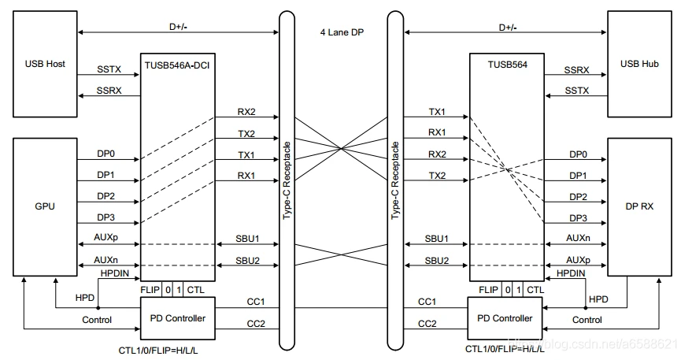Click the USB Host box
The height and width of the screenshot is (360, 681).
[45, 64]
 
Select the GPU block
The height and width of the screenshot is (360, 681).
[45, 207]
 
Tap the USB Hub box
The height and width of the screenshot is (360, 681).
[639, 64]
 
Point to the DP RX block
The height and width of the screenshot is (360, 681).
[639, 207]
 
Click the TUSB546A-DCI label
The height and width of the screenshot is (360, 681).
[177, 65]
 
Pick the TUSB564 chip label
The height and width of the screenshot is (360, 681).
[507, 65]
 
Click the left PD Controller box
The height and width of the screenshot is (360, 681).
[178, 318]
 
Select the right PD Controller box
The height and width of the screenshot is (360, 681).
[505, 318]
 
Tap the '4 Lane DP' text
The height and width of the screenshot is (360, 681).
[342, 32]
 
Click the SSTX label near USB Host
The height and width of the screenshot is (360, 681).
[109, 69]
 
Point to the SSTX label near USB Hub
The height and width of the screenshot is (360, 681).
[577, 91]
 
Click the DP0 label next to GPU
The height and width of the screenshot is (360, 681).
[105, 154]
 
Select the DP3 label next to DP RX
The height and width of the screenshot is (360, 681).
[578, 218]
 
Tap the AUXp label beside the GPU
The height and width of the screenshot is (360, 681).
[106, 238]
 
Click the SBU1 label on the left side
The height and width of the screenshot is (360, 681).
[247, 239]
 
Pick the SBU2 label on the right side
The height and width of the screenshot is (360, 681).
[436, 261]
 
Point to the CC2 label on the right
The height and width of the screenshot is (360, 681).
[427, 324]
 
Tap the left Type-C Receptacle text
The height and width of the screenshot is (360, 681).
[287, 180]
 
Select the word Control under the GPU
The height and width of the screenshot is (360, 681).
[97, 320]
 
